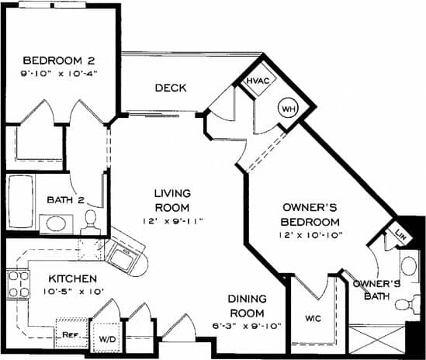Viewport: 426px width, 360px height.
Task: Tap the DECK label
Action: tap(169, 88)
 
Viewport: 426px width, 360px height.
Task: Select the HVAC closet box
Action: tap(258, 81)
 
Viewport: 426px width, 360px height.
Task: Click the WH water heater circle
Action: tap(288, 108)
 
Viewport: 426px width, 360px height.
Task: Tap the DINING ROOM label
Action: tap(248, 306)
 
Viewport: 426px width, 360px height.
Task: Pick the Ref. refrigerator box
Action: tap(70, 335)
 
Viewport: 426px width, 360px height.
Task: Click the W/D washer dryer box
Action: tap(106, 339)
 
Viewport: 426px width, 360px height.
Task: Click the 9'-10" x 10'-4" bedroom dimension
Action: tap(58, 75)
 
